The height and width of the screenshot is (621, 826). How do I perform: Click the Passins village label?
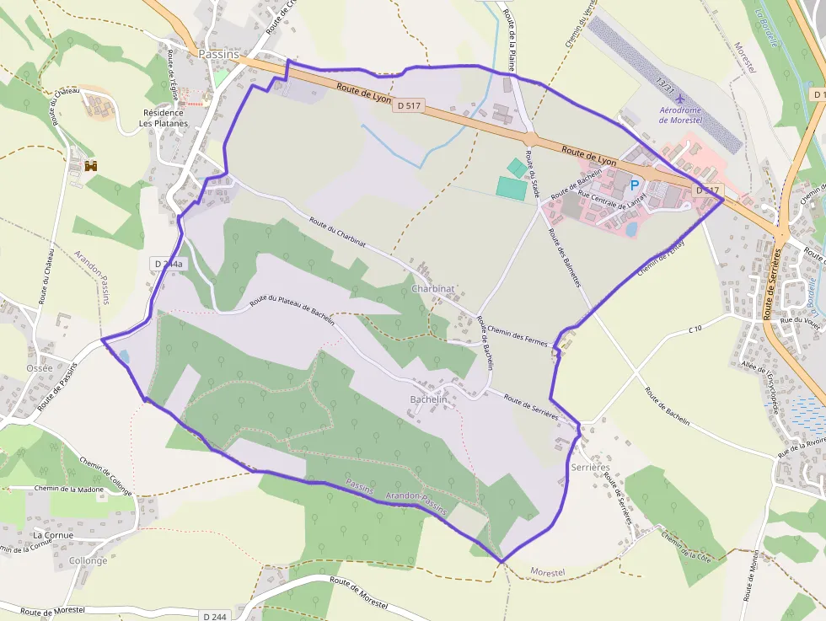tap(218, 54)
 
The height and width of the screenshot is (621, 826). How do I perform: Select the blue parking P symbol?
tap(635, 184)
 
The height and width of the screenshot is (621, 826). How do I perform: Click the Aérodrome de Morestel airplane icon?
tap(680, 102)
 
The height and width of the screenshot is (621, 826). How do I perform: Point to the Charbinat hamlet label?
tap(433, 288)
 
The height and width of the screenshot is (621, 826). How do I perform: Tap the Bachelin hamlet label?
tap(428, 398)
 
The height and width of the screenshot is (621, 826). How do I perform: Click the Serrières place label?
tap(589, 467)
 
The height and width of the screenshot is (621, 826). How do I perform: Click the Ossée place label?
tap(40, 368)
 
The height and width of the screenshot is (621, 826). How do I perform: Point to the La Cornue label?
tap(53, 535)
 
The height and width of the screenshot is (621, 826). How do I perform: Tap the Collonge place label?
tap(88, 560)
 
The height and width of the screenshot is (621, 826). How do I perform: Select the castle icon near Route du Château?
tap(90, 166)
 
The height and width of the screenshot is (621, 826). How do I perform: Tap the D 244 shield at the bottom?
tap(215, 616)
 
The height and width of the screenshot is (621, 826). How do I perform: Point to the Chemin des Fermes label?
tap(518, 339)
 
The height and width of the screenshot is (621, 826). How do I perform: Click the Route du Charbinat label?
tap(337, 232)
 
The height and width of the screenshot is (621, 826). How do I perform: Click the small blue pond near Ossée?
tap(124, 356)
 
